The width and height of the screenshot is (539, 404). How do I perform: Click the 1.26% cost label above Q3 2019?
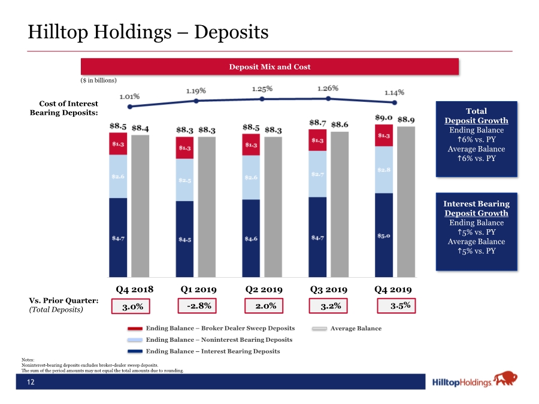point(328,89)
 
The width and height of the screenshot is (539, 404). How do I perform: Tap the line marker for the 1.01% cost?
point(129,107)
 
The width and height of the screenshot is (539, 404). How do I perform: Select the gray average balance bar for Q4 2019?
point(406,202)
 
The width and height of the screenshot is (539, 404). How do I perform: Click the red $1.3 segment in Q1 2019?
point(184,148)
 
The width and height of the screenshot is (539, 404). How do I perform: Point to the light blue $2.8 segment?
point(384,170)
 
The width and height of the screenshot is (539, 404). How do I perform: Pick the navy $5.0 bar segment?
point(384,235)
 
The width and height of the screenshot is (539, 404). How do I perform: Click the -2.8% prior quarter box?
point(197,306)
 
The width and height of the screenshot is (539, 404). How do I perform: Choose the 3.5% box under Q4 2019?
point(396,306)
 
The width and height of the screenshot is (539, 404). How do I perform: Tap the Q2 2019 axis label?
point(264,290)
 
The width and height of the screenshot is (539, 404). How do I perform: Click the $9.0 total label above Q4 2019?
point(384,118)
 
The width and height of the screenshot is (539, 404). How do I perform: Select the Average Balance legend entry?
point(347,329)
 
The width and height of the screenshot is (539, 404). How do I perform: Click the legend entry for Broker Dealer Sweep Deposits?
point(211,329)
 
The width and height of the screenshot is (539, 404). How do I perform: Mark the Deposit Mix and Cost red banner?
point(270,66)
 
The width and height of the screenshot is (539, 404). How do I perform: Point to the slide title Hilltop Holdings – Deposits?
point(148,32)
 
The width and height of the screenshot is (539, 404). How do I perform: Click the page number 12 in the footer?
point(31,382)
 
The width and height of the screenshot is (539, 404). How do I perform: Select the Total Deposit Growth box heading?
point(477,116)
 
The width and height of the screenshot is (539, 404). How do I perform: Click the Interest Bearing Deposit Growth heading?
point(477,208)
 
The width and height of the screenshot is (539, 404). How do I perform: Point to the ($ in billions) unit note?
point(99,80)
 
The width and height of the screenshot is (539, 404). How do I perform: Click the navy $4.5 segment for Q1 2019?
point(184,239)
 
